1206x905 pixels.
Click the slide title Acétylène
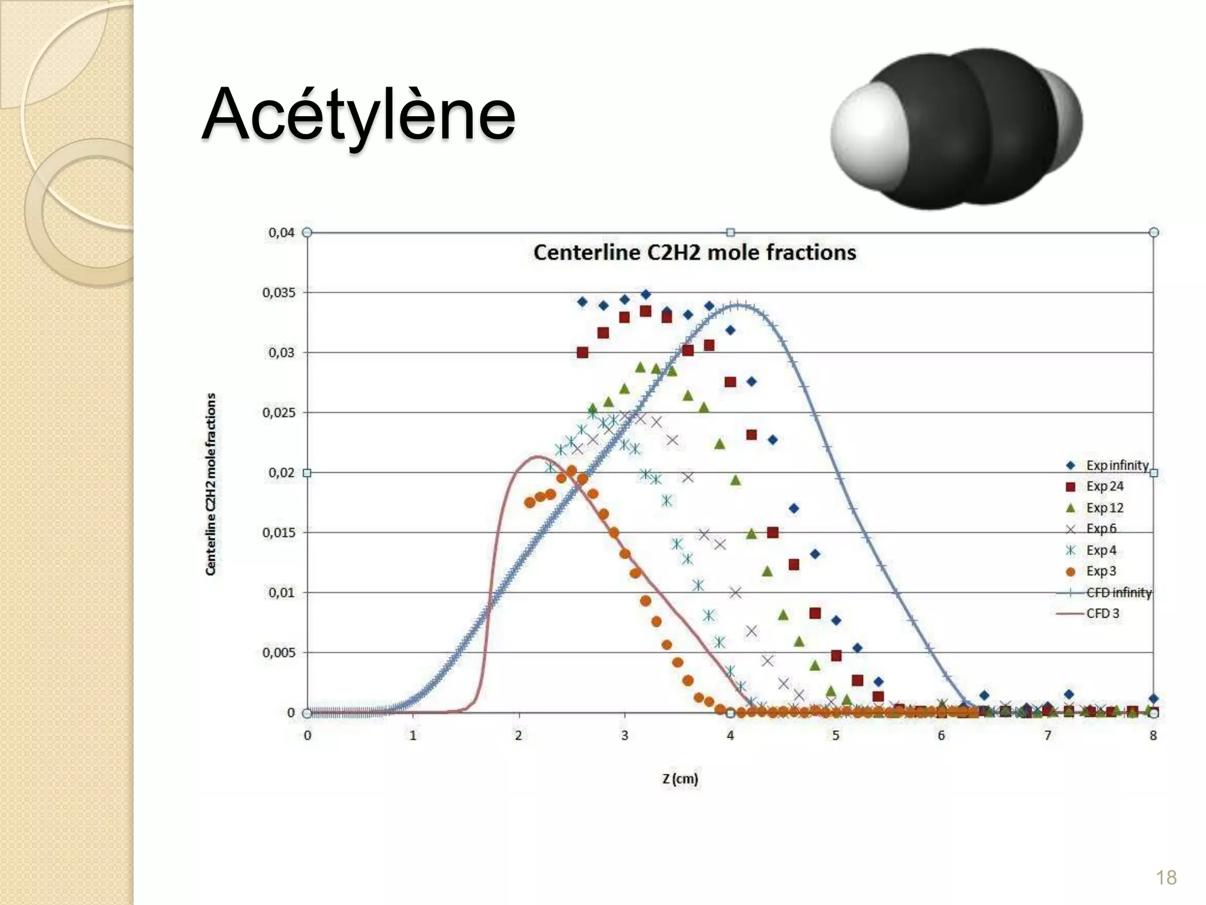(358, 114)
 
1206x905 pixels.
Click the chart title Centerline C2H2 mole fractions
(694, 253)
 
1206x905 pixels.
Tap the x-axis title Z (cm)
(680, 779)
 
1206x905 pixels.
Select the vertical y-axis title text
(211, 484)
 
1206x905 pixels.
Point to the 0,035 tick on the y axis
(279, 293)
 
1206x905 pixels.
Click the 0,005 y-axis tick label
(279, 653)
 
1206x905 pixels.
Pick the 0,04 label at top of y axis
(281, 233)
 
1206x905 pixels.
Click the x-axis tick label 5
(836, 735)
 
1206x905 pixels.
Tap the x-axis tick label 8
(1153, 735)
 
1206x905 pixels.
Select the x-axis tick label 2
(519, 735)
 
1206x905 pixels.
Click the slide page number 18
(1166, 877)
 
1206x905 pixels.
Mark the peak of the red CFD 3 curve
(537, 457)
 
